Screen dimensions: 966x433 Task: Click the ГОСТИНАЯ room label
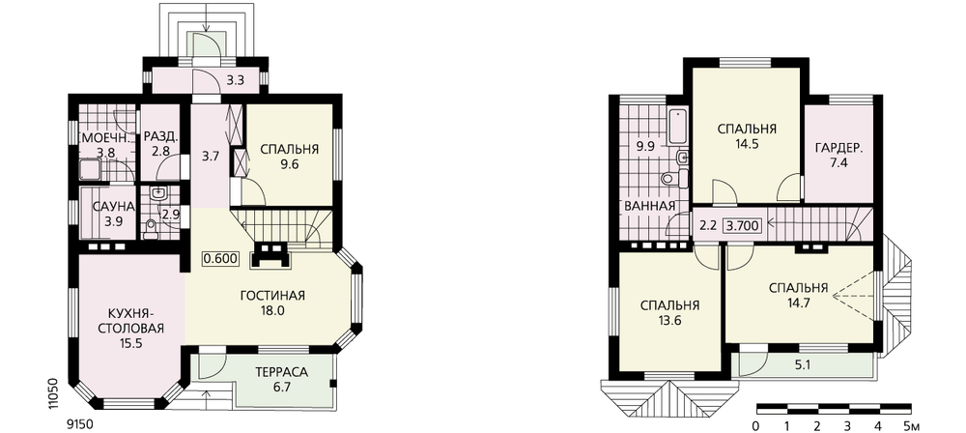272,296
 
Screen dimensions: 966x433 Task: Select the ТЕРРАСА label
281,372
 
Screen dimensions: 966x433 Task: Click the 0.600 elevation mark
220,258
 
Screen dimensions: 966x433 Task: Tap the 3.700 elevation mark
742,225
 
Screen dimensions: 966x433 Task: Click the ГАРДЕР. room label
838,149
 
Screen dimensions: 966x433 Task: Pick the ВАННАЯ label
649,206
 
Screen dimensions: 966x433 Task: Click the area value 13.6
669,320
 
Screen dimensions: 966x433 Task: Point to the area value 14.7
798,303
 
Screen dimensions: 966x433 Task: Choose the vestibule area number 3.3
235,79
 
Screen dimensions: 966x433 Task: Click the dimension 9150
78,423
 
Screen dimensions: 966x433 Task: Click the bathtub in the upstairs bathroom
677,126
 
